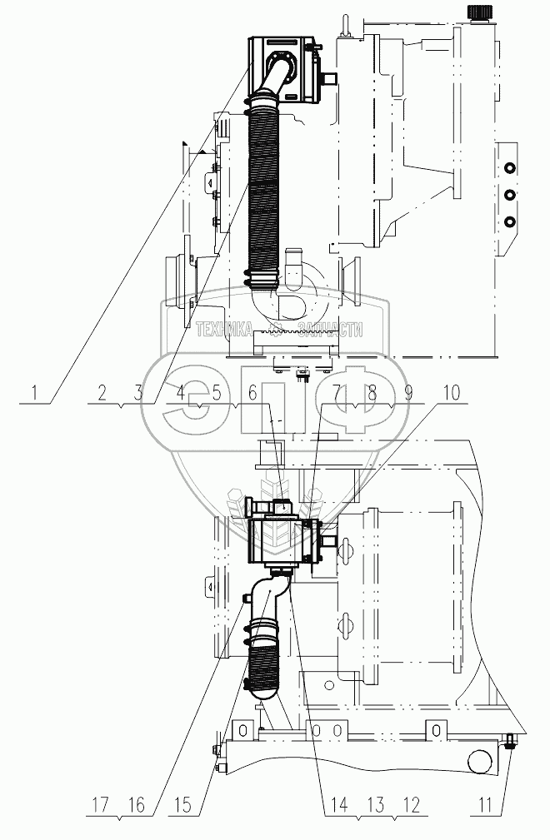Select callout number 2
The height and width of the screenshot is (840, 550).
pos(102,390)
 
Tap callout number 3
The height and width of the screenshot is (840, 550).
pos(140,390)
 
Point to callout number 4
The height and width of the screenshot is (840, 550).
pos(178,390)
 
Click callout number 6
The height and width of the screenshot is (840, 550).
pos(252,390)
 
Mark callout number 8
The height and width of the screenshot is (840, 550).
pos(372,390)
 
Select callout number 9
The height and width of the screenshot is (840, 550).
pos(408,390)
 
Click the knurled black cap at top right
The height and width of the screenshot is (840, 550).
pos(481,12)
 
